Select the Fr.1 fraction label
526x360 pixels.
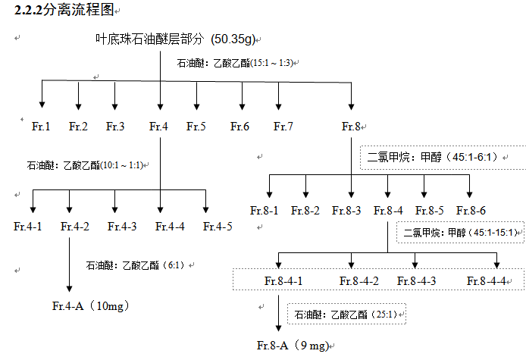tap(42, 126)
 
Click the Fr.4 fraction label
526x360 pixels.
tap(158, 126)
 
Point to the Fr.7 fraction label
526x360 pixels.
tap(283, 126)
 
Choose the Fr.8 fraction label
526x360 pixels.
tap(352, 126)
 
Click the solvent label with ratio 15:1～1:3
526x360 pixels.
tap(235, 63)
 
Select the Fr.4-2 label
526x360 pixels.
tap(75, 226)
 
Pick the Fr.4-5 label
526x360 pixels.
tap(218, 226)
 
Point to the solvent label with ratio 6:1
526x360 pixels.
tap(137, 265)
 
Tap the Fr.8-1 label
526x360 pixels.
tap(265, 210)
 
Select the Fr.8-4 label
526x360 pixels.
tap(388, 210)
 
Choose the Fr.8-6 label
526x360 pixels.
tap(471, 210)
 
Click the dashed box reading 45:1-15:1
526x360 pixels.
tap(460, 232)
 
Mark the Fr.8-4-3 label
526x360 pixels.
tap(417, 280)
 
